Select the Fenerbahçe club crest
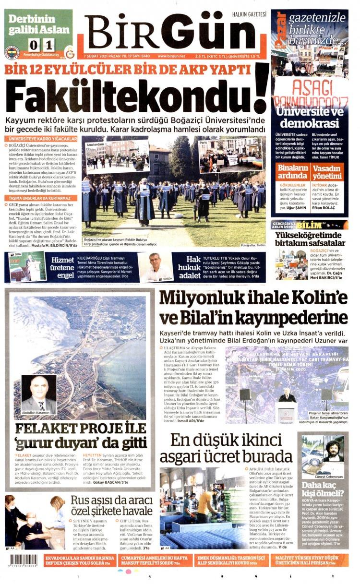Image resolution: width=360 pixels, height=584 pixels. pos(12,52)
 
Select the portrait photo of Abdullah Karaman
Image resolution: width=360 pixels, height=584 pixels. pos(38,394)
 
